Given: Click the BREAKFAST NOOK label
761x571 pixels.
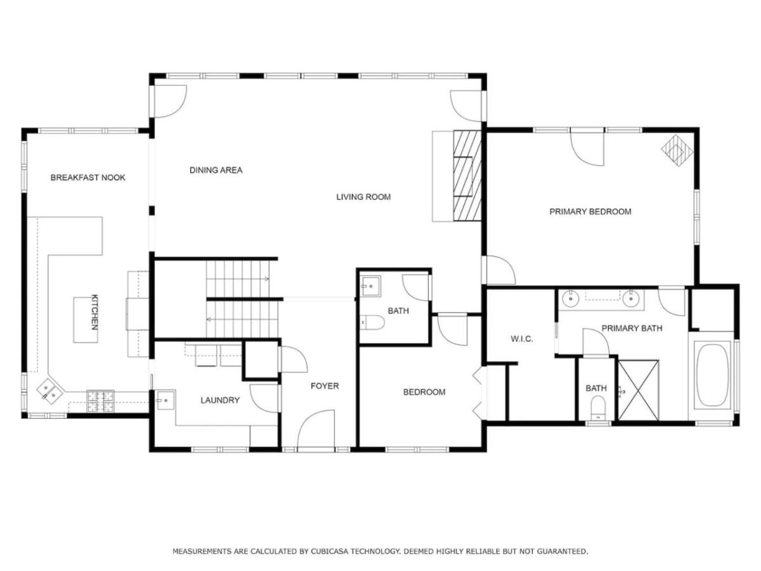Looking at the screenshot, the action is click(88, 178).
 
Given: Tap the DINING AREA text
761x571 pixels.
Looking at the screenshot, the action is click(216, 170).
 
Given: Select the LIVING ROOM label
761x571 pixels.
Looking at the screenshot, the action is click(363, 197).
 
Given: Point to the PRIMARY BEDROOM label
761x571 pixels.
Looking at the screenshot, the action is click(590, 211).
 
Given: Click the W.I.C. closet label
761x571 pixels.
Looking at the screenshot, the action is click(521, 339).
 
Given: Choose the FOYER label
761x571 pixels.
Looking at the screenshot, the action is click(325, 386).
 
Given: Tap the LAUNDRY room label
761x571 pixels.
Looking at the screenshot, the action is click(220, 400).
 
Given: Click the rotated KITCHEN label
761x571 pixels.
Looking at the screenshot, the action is click(94, 312).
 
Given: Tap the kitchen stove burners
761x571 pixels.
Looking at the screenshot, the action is click(101, 402).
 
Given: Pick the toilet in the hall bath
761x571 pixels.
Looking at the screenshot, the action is click(372, 322).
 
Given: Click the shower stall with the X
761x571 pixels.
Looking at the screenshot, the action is click(638, 390).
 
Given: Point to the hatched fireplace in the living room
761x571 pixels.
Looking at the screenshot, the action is click(467, 176).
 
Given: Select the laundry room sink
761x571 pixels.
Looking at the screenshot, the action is click(166, 400).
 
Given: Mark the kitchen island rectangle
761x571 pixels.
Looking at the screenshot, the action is click(85, 320).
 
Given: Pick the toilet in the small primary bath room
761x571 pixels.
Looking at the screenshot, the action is click(598, 409).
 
